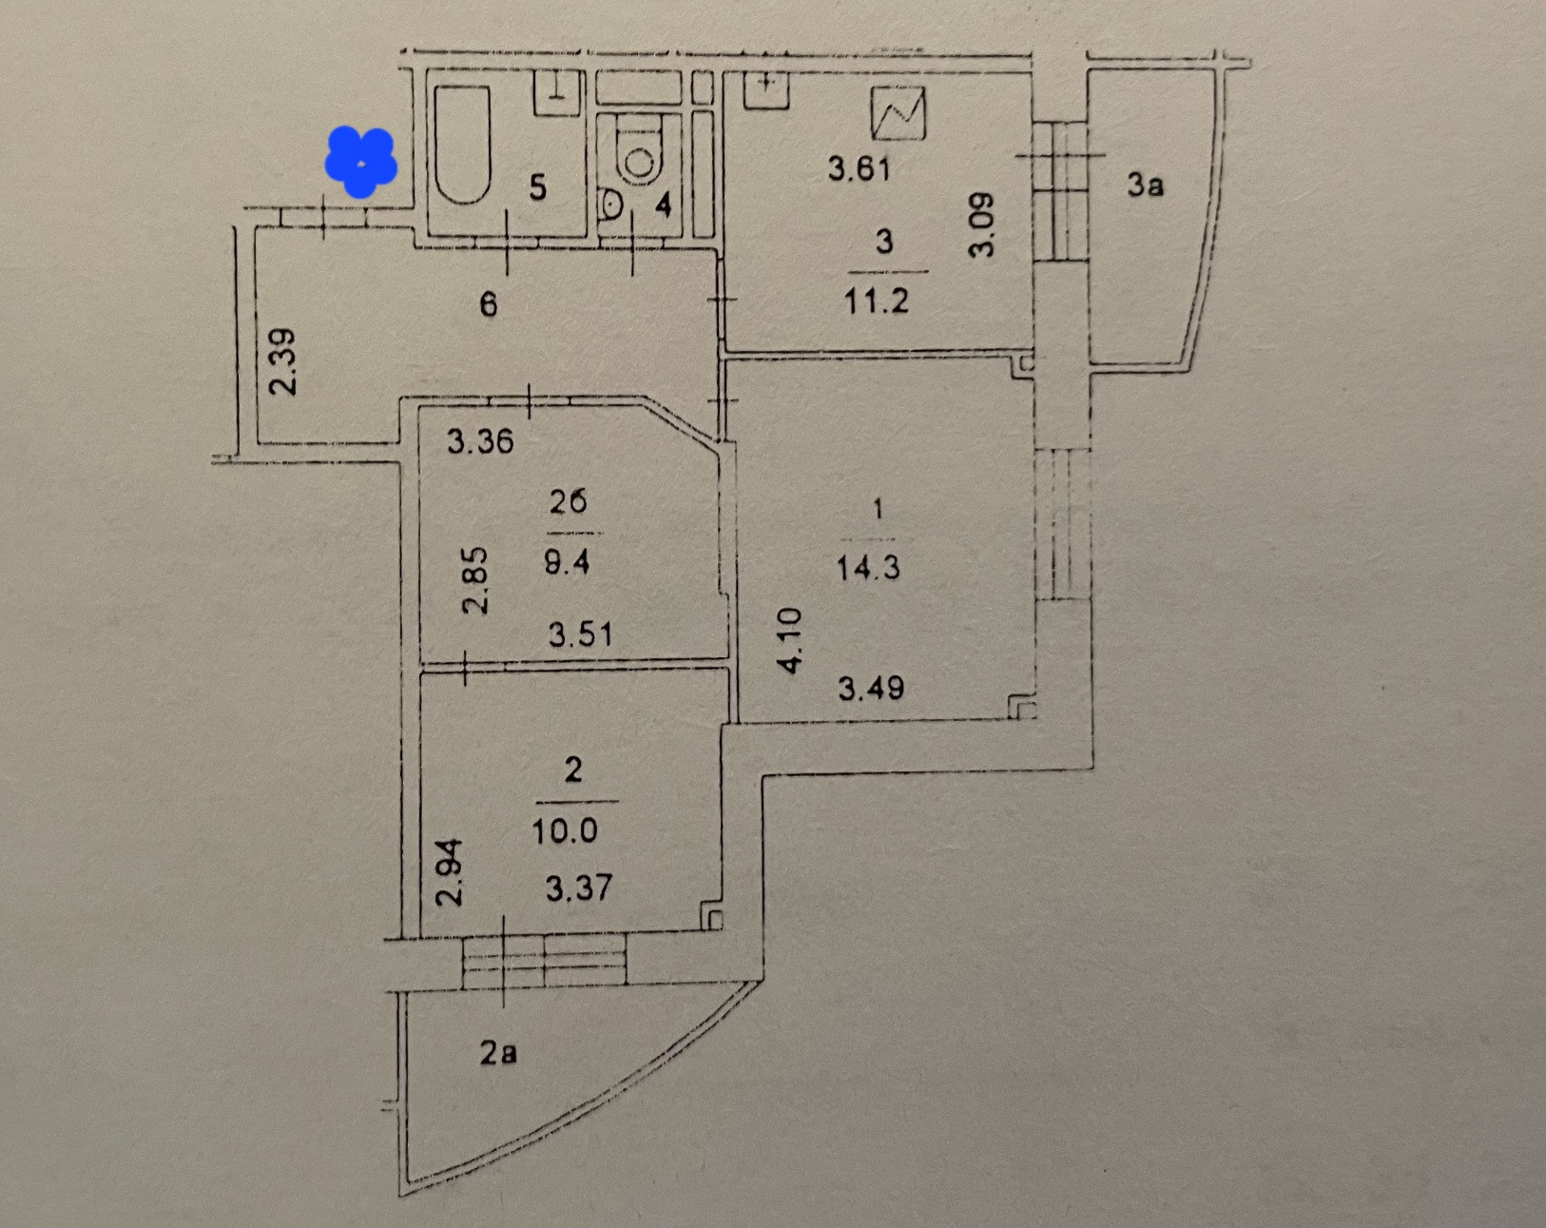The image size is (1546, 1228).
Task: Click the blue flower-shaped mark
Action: (x=360, y=163)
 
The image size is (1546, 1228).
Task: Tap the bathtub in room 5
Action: (x=462, y=145)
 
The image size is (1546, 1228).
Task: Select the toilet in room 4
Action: (x=639, y=158)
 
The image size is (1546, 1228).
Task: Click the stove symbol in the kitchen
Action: (x=898, y=113)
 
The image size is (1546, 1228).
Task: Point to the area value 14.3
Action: (x=867, y=568)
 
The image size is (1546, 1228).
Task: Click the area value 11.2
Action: (x=876, y=301)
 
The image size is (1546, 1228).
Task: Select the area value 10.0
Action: (x=565, y=831)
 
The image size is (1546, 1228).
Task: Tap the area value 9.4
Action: (x=567, y=562)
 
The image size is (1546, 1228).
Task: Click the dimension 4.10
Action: (x=791, y=640)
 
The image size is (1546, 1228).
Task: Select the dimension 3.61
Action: (x=859, y=169)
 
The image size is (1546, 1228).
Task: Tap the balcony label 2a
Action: (x=498, y=1053)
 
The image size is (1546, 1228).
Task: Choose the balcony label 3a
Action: (x=1145, y=185)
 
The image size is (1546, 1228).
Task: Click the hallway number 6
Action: (x=488, y=304)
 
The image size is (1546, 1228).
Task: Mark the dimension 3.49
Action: (x=871, y=688)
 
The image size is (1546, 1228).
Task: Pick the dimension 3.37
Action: (x=578, y=888)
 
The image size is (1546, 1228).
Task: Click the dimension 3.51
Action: (x=580, y=633)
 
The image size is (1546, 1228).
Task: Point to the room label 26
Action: (x=568, y=501)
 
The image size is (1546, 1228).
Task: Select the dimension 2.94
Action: (x=449, y=871)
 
